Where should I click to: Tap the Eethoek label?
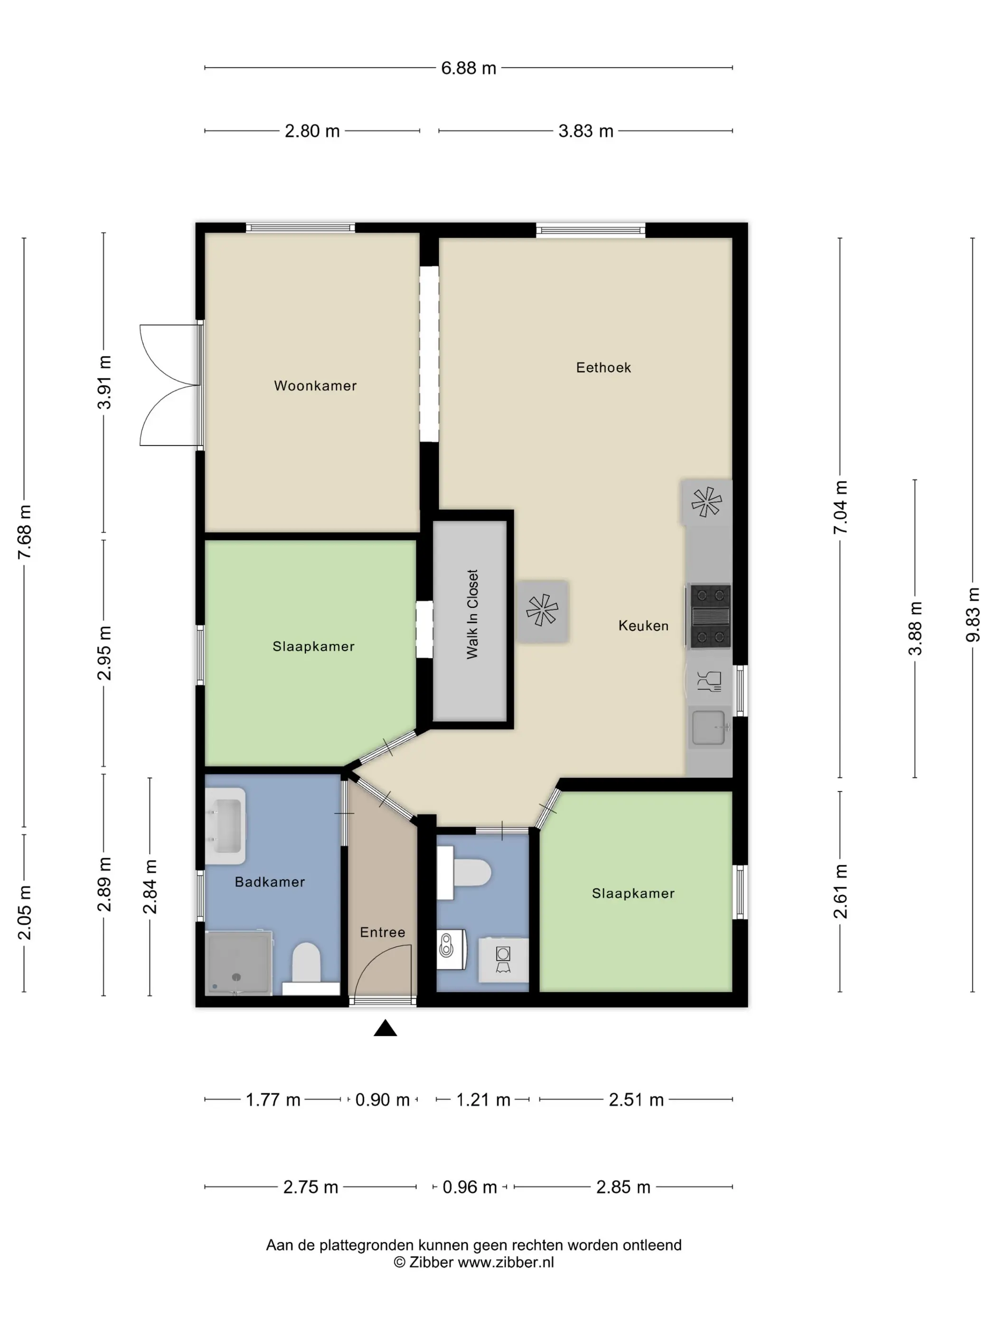[x=603, y=367]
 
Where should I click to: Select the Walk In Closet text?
[x=472, y=614]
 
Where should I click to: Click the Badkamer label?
[x=270, y=881]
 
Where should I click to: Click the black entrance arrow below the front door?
[x=385, y=1028]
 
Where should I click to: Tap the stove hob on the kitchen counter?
[x=710, y=616]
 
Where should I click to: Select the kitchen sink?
[x=710, y=728]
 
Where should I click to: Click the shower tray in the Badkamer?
[x=239, y=963]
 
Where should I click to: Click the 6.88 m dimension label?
[x=469, y=68]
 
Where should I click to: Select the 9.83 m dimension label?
[x=972, y=615]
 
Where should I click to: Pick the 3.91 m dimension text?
[x=104, y=382]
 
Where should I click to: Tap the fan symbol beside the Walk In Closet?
[x=542, y=610]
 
